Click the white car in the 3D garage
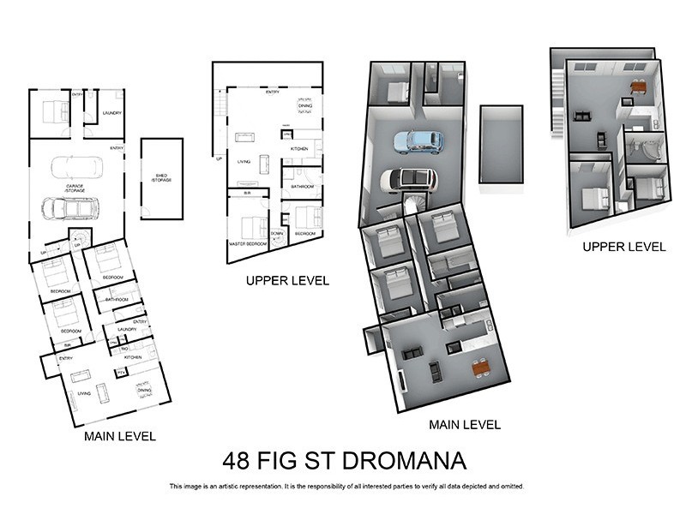408,179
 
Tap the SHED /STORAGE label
161,178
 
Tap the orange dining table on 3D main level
480,368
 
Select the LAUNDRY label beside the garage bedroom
111,113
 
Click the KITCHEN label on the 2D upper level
299,149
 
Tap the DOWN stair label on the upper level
278,233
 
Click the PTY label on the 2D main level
121,372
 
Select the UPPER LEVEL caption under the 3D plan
623,247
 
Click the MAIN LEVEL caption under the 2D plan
120,436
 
